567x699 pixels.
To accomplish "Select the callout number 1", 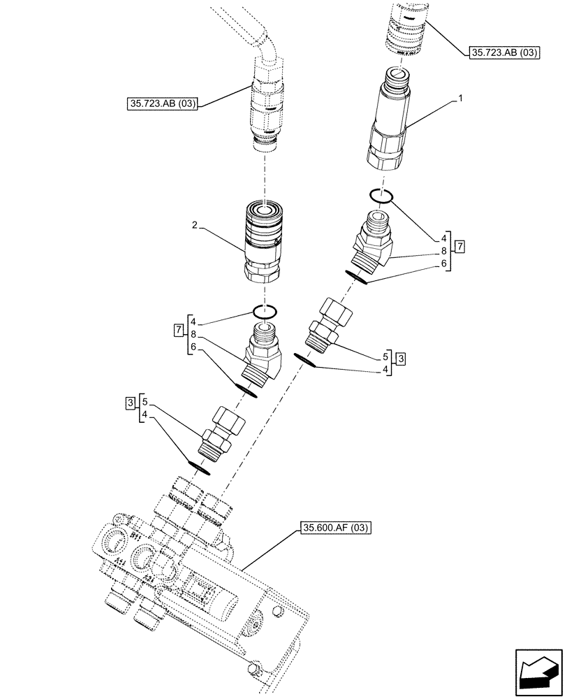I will point(460,100).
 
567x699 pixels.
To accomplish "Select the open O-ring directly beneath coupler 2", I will point(265,311).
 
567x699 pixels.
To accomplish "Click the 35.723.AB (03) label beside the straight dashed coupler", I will point(505,52).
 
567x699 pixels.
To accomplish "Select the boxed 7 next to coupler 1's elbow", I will point(459,245).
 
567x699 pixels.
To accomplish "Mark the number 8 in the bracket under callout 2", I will point(194,336).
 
